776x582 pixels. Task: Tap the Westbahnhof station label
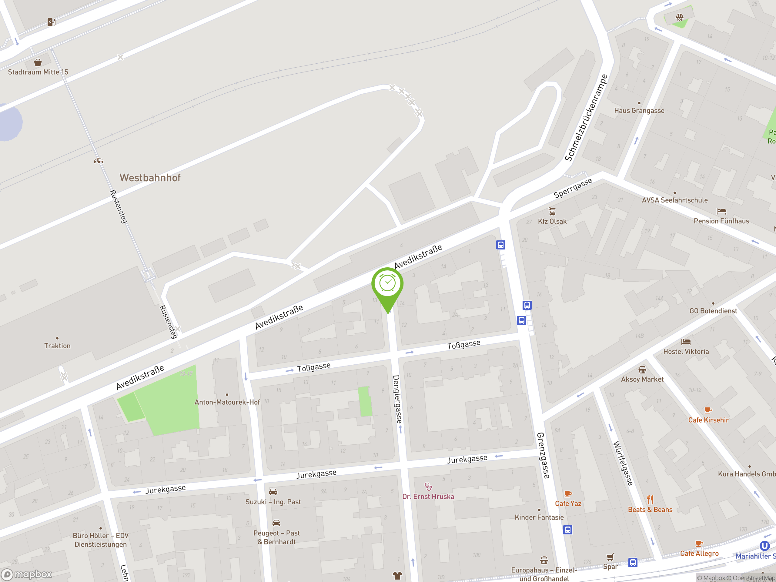tap(150, 178)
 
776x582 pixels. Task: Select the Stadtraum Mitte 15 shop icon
tap(38, 62)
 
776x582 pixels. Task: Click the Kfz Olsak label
tap(552, 221)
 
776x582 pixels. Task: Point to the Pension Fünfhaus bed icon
tap(721, 211)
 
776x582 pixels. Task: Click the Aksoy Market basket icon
tap(642, 370)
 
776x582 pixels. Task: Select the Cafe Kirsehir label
tap(708, 420)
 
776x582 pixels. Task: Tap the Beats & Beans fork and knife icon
tap(650, 500)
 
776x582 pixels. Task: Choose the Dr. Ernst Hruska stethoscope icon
tap(428, 487)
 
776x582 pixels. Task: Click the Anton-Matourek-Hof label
tap(227, 402)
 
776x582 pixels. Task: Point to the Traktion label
tap(57, 346)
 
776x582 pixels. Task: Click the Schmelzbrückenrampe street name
tap(586, 118)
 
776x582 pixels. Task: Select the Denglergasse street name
tap(397, 399)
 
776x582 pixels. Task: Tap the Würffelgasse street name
tap(623, 463)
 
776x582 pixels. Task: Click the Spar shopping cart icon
tap(610, 557)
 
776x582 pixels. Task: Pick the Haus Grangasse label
tap(639, 111)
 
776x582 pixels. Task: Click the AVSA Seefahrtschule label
tap(675, 200)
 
